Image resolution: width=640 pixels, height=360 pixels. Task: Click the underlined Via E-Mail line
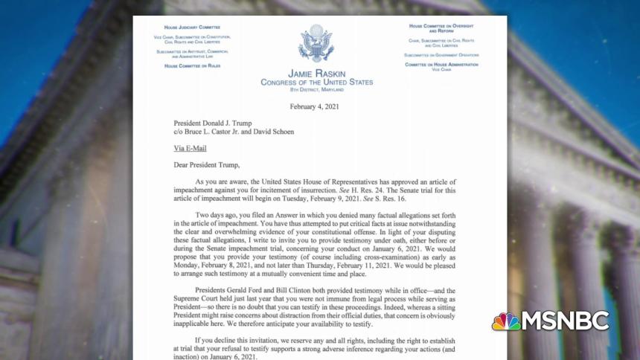click(x=190, y=149)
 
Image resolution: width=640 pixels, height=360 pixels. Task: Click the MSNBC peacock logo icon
click(x=506, y=321)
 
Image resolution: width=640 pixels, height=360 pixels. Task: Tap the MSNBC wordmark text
click(x=566, y=321)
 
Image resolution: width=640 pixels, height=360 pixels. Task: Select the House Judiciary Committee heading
click(x=192, y=28)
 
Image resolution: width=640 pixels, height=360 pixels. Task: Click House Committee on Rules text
click(x=192, y=65)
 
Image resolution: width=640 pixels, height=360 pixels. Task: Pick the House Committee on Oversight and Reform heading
click(x=441, y=28)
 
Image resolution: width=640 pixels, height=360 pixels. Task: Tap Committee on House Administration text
click(x=441, y=64)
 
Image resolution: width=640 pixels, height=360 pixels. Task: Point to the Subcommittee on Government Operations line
click(x=441, y=55)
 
